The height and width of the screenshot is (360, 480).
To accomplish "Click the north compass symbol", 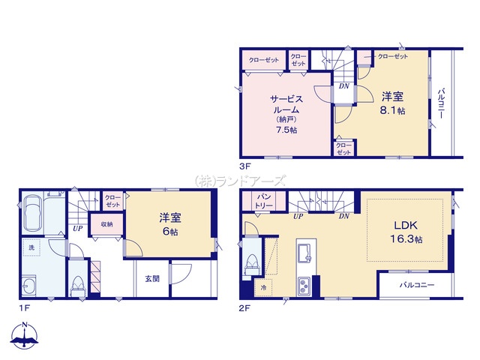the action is click(25, 335).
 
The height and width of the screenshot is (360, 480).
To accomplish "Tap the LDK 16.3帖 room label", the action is click(406, 232).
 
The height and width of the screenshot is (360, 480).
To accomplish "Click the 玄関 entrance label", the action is click(152, 279).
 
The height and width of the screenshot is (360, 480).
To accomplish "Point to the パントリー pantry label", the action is click(263, 201).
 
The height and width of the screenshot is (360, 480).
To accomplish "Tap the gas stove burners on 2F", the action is click(304, 286).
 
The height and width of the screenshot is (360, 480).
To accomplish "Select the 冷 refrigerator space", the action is click(263, 288).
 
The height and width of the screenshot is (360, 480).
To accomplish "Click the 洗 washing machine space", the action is click(31, 247).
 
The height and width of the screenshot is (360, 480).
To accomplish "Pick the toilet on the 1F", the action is click(77, 286).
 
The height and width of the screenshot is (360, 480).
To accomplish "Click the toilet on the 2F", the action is click(252, 264).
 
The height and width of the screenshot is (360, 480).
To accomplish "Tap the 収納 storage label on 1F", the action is click(106, 224).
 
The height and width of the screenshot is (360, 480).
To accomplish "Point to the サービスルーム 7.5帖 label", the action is click(286, 114).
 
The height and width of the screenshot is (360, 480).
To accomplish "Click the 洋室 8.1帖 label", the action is click(392, 103).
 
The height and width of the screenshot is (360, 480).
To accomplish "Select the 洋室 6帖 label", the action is click(170, 225).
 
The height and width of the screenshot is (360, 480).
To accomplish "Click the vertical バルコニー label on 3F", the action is click(441, 103).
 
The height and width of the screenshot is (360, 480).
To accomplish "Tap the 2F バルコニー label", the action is click(417, 285).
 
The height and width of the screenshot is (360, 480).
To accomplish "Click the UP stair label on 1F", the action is click(77, 228).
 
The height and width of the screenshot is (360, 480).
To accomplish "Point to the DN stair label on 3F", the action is click(343, 86).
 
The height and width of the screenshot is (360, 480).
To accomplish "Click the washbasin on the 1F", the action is click(29, 285).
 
